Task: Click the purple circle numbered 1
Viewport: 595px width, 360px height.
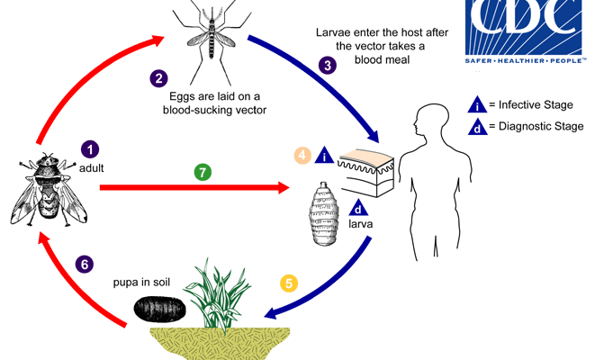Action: coord(90,148)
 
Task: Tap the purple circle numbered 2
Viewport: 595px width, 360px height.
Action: coord(158,79)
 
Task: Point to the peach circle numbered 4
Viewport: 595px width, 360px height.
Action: coord(303,155)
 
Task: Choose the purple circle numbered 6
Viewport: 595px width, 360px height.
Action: coord(84,265)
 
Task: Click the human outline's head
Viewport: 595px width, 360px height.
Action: coord(430,122)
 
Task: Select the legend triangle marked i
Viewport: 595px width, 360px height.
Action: coord(478,103)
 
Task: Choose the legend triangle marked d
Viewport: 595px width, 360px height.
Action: coord(478,127)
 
